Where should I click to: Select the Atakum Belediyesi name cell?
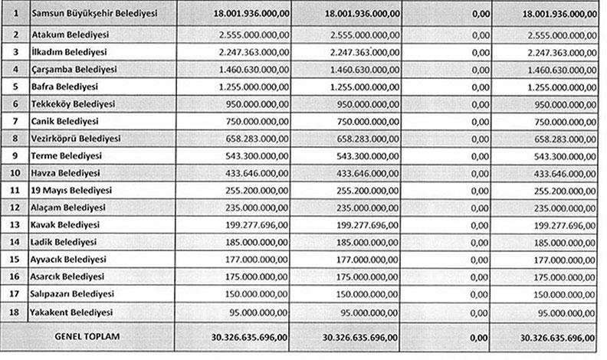pos(70,35)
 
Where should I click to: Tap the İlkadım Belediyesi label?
pos(71,52)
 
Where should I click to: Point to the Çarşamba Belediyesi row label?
pos(74,69)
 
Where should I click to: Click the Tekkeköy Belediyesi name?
pos(74,103)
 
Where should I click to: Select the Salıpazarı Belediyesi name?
pos(74,294)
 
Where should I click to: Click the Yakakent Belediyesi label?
pos(72,312)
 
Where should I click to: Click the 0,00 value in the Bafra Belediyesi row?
pos(481,87)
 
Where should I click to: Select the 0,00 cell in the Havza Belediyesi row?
pos(481,173)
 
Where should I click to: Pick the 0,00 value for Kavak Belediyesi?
pos(481,225)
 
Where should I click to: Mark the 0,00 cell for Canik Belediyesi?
pos(481,121)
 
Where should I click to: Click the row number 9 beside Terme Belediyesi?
pos(15,155)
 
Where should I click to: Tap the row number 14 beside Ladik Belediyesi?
pos(15,242)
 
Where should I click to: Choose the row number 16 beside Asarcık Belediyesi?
pos(15,277)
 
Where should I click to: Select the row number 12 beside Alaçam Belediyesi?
pos(15,208)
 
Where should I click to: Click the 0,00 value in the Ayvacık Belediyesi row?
pos(481,260)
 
